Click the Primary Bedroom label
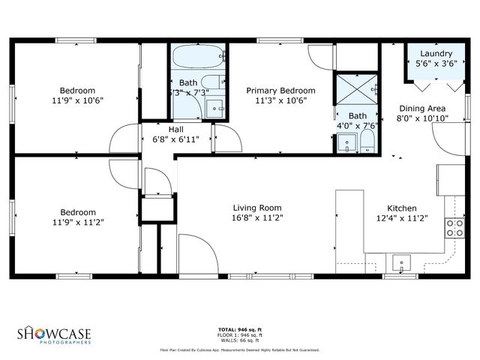pos(280,90)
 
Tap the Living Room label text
pos(256,208)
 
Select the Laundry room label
pos(436,54)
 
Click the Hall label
pos(175,129)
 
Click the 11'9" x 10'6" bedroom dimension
pos(77,100)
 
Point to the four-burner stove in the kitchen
pos(454,228)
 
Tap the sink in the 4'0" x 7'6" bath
pos(346,142)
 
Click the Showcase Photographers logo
pos(55,334)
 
